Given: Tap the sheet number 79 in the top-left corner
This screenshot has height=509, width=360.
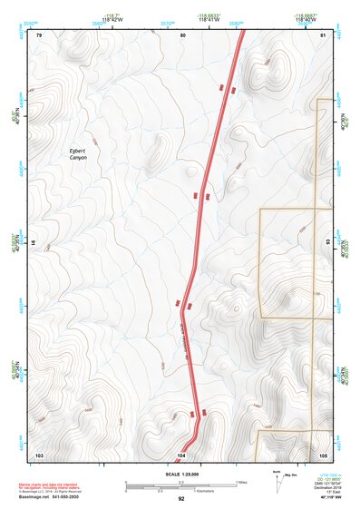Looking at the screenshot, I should pos(39,34).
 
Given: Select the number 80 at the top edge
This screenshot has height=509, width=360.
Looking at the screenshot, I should pos(182,34).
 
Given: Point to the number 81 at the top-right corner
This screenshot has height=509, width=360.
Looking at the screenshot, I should pos(323,34).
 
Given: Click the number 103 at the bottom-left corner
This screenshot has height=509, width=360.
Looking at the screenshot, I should pos(39,453).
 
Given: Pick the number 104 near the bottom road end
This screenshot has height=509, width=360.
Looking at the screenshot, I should pos(181,453).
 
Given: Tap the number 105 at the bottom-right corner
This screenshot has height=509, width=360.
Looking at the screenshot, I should pos(323,453).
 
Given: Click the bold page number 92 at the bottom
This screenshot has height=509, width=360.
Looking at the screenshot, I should pos(181,499).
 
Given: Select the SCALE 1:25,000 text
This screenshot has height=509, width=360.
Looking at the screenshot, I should pos(181,475).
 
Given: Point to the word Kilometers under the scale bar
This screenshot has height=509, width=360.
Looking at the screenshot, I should pos(195,493).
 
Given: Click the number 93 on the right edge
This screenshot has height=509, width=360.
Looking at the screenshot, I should pos(327,243).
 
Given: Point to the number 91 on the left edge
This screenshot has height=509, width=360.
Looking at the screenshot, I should pos(34,243).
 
